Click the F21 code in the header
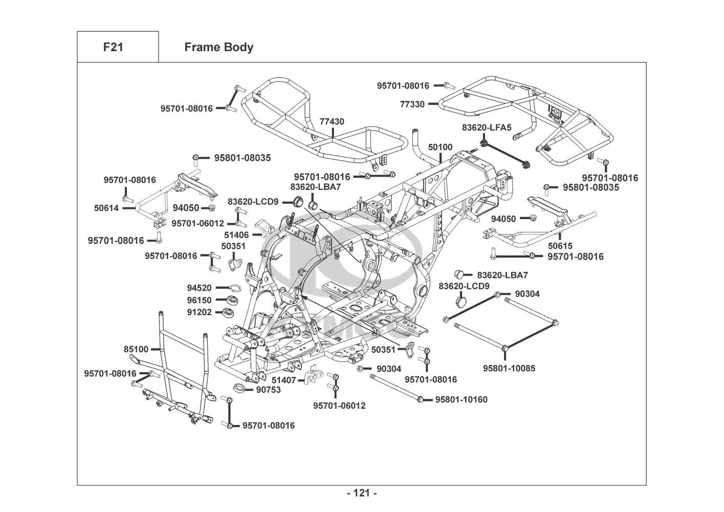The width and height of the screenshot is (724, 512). point(114,47)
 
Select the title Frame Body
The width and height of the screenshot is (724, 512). point(218,47)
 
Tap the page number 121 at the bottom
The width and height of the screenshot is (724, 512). point(361,493)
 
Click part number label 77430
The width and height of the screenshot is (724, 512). point(332,122)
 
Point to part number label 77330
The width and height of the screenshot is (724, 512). point(412,104)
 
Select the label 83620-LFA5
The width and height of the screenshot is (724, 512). point(486,127)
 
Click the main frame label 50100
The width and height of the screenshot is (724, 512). point(440,147)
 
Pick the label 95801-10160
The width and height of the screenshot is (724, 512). point(461,399)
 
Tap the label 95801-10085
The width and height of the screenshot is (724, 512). point(509,368)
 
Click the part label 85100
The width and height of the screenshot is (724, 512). point(136,349)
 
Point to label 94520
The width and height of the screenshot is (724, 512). point(199,288)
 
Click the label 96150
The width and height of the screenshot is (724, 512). point(199,300)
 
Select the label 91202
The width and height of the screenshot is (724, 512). point(199,312)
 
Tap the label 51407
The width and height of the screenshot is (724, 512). point(283,380)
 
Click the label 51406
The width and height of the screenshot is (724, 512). point(236,235)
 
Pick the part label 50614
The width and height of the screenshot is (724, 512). point(106,208)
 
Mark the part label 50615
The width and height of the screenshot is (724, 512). point(560,246)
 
